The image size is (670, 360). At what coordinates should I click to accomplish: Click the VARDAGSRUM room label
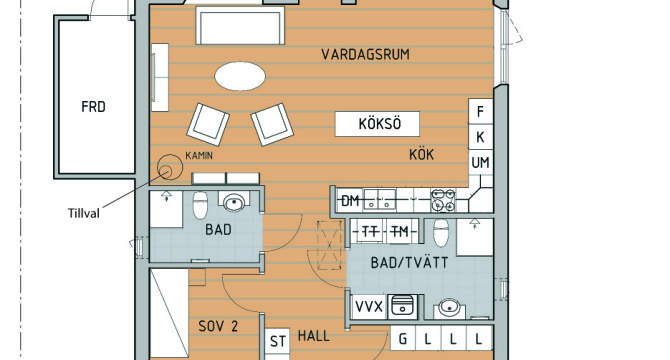click(365, 54)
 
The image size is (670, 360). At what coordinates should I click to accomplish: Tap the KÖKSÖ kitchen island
click(377, 124)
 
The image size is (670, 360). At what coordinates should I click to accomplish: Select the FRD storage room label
click(93, 106)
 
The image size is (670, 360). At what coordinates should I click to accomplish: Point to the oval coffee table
click(240, 76)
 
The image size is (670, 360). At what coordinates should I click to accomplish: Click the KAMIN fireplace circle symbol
click(170, 167)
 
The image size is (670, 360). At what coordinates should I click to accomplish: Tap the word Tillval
click(84, 213)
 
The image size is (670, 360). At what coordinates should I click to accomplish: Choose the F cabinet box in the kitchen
click(481, 111)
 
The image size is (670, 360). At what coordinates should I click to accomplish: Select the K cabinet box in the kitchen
click(481, 137)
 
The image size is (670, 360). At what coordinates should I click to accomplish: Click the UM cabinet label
click(480, 162)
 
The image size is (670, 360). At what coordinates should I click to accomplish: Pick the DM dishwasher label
click(350, 200)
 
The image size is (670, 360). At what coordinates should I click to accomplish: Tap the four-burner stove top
click(443, 200)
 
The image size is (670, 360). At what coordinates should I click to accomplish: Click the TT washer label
click(369, 231)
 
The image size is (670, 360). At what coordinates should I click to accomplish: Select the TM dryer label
click(400, 231)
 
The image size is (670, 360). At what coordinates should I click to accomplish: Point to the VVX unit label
click(369, 306)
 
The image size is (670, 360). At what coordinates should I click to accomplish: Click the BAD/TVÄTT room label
click(409, 263)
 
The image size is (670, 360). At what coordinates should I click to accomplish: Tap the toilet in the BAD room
click(200, 205)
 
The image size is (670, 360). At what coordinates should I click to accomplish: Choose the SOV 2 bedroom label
click(218, 326)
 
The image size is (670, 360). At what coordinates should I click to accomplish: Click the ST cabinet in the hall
click(277, 341)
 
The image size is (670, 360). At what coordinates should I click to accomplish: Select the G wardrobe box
click(403, 340)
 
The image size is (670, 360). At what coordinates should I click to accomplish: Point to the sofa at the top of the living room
click(240, 25)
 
